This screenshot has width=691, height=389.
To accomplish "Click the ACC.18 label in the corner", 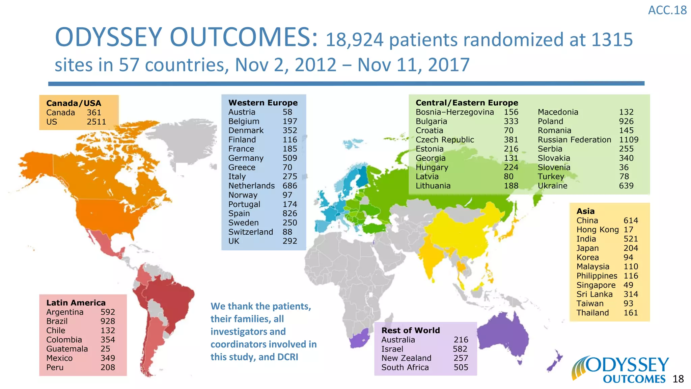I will point(667,10).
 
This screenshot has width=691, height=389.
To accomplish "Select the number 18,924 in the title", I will point(354,40).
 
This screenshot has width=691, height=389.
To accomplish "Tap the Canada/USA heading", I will point(74,103).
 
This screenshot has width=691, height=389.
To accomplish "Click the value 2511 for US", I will point(96,122).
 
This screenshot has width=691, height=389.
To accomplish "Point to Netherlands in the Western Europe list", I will point(251,186).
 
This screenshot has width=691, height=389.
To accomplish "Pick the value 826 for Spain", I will point(290,214).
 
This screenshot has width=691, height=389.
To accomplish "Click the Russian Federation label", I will point(574,140).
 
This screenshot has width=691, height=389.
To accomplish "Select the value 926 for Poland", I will point(626,122).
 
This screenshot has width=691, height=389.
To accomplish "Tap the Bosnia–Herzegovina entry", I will point(454,112).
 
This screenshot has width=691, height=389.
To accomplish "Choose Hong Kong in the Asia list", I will point(598,230).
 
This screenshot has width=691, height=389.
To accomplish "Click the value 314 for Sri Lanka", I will point(631,294).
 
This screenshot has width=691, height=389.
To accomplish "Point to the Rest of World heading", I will point(411,331).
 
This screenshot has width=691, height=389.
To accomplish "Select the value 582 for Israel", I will point(460,349).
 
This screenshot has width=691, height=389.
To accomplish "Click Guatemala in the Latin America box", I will point(67,349).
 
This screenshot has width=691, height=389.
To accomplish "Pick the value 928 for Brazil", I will point(108,321).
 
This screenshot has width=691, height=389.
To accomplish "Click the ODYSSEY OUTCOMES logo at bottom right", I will point(621,370).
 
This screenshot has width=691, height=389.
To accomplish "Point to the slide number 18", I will point(678,379).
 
